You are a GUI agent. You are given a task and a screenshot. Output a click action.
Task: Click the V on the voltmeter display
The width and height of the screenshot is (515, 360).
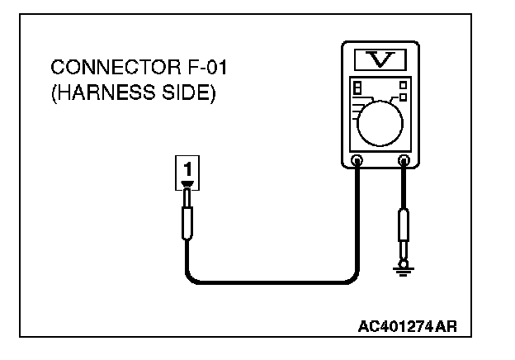[x=378, y=59]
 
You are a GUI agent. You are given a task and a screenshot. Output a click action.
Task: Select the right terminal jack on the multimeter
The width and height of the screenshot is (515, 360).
[x=404, y=160]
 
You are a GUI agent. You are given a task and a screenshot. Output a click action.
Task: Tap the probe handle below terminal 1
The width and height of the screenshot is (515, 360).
[x=187, y=223]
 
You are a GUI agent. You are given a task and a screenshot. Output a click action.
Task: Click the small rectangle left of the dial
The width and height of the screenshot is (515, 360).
[x=357, y=87]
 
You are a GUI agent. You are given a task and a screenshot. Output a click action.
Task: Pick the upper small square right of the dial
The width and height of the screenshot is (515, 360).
[x=403, y=83]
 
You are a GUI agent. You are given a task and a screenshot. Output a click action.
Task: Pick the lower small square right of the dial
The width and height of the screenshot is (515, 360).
[x=403, y=97]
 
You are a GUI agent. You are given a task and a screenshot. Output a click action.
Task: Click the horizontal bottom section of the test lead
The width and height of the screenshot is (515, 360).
[x=272, y=282]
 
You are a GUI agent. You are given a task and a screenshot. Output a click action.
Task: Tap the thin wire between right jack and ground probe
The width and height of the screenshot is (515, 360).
[x=404, y=188]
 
